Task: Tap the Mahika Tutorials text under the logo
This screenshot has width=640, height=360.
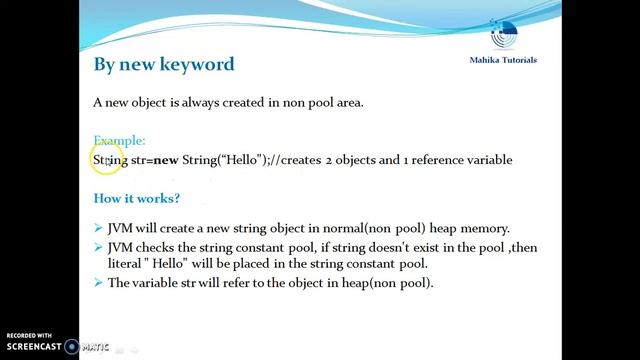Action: [x=503, y=60]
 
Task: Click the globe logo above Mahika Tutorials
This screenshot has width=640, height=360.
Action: [x=504, y=33]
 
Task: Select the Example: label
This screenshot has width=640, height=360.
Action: [x=119, y=141]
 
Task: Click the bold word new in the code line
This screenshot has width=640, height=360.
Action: [x=166, y=160]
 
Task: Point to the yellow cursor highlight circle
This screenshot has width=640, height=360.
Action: [x=109, y=159]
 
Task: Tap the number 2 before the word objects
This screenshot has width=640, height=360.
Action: [x=329, y=160]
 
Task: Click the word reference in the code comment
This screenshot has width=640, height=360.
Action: [x=443, y=160]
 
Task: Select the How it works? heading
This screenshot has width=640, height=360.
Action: [x=137, y=198]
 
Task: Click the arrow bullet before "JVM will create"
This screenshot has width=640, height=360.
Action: [x=98, y=228]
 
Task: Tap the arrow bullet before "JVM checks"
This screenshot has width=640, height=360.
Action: [x=98, y=247]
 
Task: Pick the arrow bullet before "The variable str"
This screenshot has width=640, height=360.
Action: [x=98, y=283]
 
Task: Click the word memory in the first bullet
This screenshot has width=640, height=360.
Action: [x=484, y=228]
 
